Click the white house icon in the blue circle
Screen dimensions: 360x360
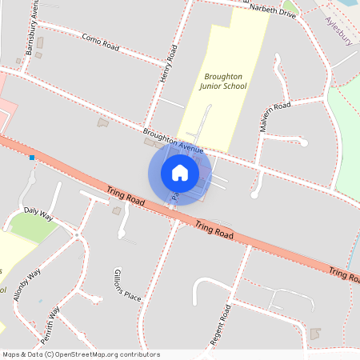[180, 172]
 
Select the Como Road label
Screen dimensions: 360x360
[100, 42]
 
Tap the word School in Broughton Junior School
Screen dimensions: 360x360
[233, 86]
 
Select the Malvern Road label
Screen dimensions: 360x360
[274, 115]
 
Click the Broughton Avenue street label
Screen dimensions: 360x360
[174, 139]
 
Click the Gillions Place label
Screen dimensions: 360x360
[127, 285]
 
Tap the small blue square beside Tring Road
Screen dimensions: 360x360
[32, 158]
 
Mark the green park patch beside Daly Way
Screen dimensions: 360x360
[32, 228]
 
